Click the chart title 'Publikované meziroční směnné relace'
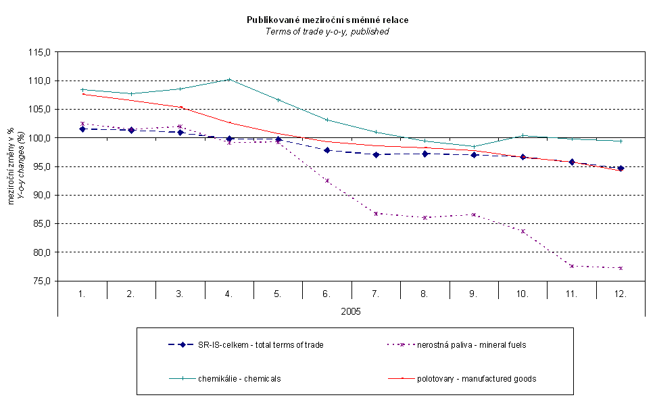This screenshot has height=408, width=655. (327, 20)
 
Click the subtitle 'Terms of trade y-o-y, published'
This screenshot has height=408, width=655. (327, 31)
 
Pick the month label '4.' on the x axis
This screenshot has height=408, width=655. (229, 294)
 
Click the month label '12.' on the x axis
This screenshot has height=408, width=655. (621, 294)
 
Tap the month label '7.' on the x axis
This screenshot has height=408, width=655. (376, 294)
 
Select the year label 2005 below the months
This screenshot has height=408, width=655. (351, 312)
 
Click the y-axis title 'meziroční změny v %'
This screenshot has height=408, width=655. (11, 166)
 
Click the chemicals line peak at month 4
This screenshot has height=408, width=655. (229, 79)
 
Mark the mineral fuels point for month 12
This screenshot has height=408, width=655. (621, 268)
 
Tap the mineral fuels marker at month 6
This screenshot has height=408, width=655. (327, 181)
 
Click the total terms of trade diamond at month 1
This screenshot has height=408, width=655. (82, 129)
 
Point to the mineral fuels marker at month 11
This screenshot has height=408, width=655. (572, 266)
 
